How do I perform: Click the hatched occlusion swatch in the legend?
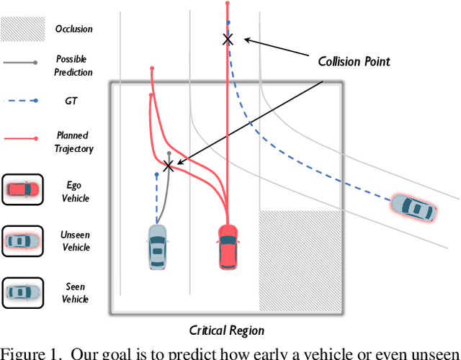tap(22, 30)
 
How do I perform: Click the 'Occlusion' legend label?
tap(73, 30)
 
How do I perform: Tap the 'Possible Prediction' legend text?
tap(73, 66)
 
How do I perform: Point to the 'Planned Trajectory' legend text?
tap(73, 141)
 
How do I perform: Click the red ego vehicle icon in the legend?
tap(22, 190)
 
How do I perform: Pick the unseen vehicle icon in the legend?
tap(22, 240)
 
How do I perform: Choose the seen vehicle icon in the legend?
tap(22, 292)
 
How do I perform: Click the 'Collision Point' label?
tap(354, 61)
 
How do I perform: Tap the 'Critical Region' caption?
tap(227, 330)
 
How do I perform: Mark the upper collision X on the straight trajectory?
tap(228, 39)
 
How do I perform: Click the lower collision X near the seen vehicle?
tap(169, 166)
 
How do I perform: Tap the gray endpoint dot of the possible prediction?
tap(169, 153)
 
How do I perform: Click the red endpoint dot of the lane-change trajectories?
tap(152, 68)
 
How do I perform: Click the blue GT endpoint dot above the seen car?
tap(156, 174)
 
